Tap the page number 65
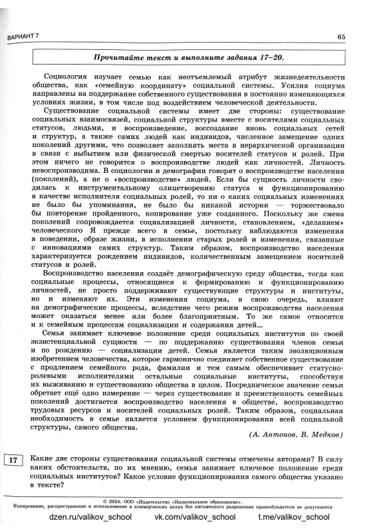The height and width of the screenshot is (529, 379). click(x=341, y=36)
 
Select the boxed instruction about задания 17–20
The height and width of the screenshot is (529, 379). click(x=186, y=59)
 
